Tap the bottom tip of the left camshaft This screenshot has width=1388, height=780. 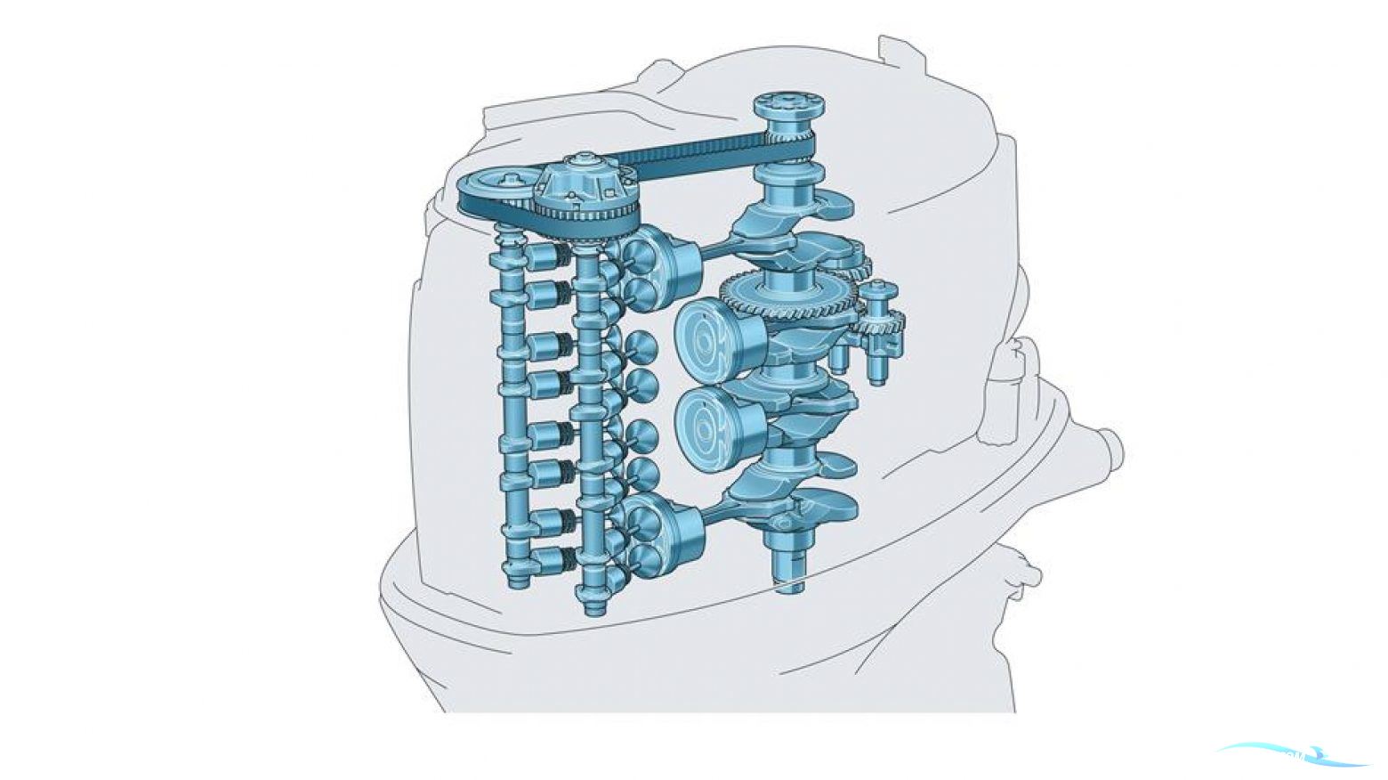516,579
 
